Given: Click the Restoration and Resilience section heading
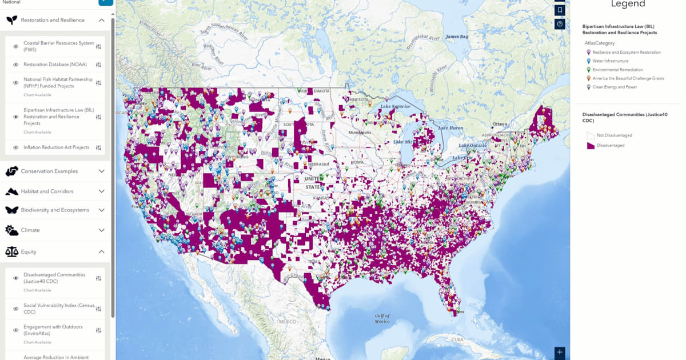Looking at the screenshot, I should click(x=53, y=20).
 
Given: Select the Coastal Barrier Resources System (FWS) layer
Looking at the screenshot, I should click(x=58, y=46).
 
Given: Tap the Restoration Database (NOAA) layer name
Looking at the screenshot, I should click(x=55, y=65).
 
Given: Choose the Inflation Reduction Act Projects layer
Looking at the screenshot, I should click(x=56, y=147).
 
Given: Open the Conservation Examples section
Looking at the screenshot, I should click(x=49, y=171).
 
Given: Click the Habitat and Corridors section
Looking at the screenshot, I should click(x=47, y=191).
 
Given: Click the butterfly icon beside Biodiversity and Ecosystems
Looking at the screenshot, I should click(x=11, y=210).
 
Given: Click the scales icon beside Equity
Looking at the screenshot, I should click(x=11, y=251).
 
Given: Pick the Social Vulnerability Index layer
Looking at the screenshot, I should click(x=59, y=309).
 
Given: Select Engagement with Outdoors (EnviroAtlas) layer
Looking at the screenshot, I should click(x=53, y=330).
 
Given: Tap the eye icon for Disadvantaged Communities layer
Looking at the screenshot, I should click(x=16, y=278).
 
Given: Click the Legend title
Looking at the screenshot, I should click(x=628, y=5).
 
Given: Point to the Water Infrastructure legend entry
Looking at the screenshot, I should click(x=610, y=61).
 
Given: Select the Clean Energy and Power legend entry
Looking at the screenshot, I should click(x=615, y=87).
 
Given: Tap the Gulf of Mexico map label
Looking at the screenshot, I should click(x=382, y=318).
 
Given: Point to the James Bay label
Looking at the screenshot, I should click(x=456, y=37).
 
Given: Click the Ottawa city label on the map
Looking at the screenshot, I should click(x=500, y=124).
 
